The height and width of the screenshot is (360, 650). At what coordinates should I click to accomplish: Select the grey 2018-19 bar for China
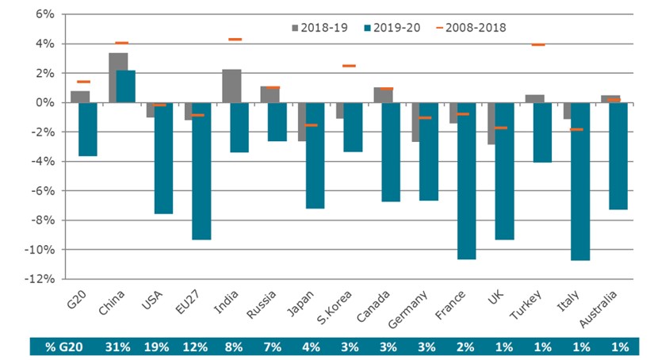click(118, 78)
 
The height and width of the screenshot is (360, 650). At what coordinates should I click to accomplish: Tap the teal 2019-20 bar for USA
click(164, 158)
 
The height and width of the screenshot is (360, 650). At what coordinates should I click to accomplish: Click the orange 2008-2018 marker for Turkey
click(537, 44)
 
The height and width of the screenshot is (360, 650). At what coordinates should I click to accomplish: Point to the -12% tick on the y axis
click(42, 279)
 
